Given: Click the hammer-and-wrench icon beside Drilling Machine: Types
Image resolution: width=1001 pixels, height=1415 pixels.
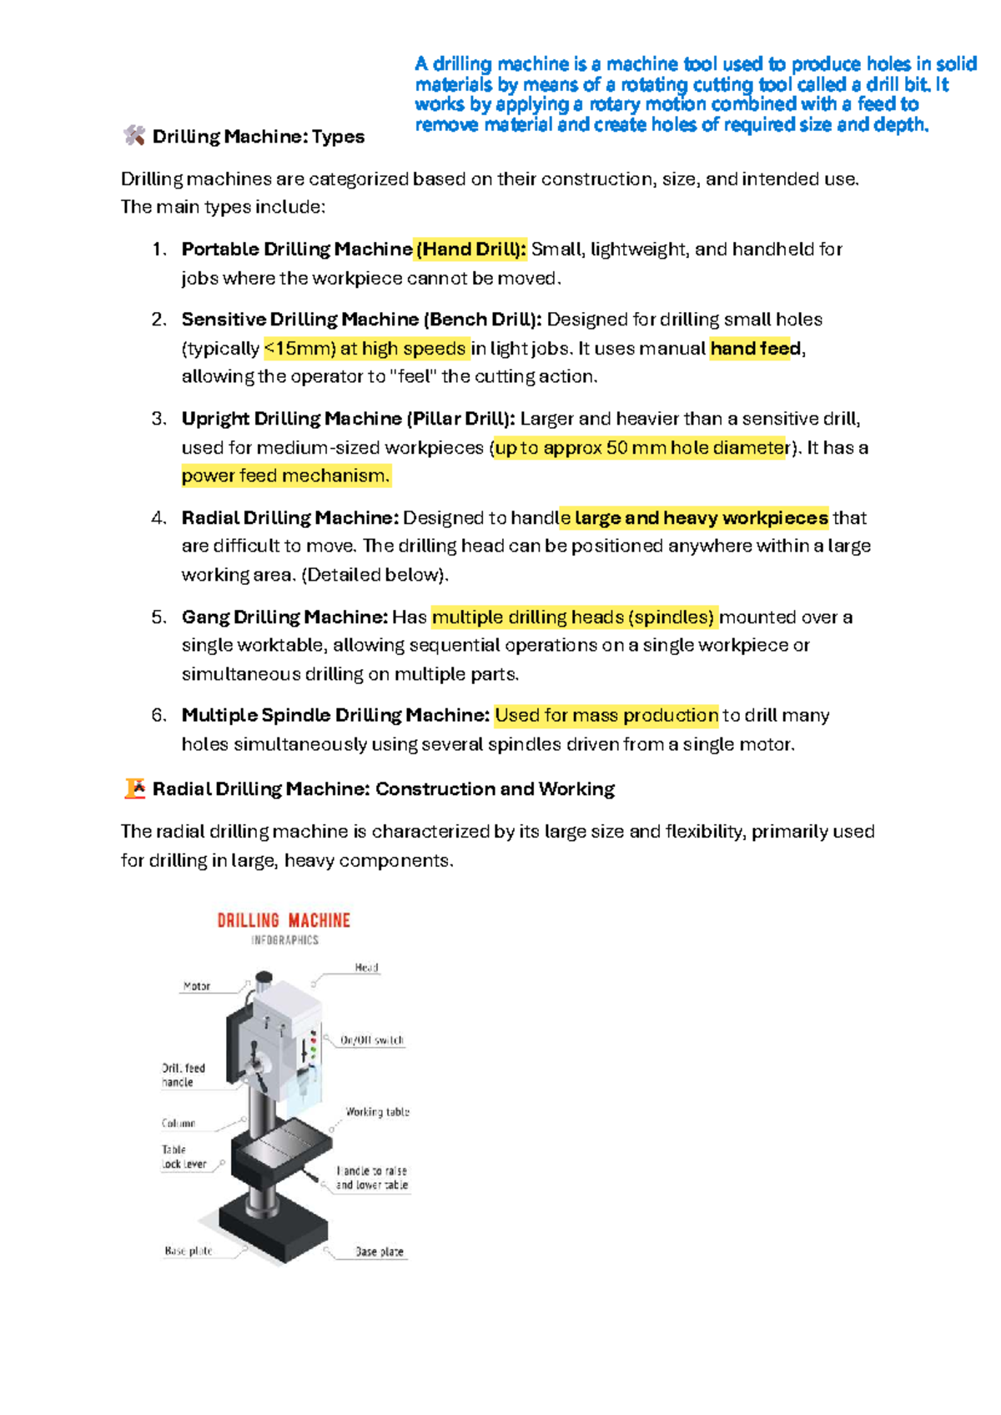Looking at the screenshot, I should coord(133,136).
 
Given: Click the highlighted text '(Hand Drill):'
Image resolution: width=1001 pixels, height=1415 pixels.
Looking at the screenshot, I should coord(471,249).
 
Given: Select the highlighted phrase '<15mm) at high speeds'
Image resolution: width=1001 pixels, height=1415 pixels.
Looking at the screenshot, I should coord(365,349).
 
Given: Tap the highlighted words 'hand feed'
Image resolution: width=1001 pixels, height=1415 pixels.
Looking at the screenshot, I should coord(756,349).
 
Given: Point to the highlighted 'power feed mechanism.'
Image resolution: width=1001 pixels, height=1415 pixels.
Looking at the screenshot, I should coord(285,476).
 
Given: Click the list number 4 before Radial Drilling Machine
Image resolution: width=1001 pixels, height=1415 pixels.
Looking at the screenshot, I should coord(158,518).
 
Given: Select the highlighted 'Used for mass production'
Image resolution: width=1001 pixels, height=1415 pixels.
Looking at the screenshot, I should coord(606,716).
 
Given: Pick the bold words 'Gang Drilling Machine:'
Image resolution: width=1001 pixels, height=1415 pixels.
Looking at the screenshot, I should coord(284,617).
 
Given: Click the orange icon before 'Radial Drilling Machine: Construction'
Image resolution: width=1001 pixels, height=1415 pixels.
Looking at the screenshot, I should coord(134,788).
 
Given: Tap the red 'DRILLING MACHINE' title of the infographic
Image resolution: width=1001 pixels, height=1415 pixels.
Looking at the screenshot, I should coord(284,921).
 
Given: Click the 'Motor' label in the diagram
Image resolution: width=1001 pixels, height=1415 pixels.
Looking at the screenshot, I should coord(197,986).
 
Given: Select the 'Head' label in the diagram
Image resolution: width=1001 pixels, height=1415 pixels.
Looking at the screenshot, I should coord(366,968).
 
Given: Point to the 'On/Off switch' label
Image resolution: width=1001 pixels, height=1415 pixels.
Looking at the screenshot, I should coord(372,1040).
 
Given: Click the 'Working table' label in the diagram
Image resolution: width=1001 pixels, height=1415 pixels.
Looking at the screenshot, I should coord(377,1112).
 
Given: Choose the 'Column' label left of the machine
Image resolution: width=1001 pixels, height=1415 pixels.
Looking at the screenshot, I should coord(179,1124).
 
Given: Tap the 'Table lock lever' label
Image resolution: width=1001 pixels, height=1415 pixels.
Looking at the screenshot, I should coord(184,1157).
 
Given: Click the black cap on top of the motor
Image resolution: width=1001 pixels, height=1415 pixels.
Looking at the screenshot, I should coord(264,976).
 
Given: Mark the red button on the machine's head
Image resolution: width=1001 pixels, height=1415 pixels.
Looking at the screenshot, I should coord(314,1035).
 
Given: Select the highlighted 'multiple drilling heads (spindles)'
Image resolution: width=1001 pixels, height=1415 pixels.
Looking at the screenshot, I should coord(574,617).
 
